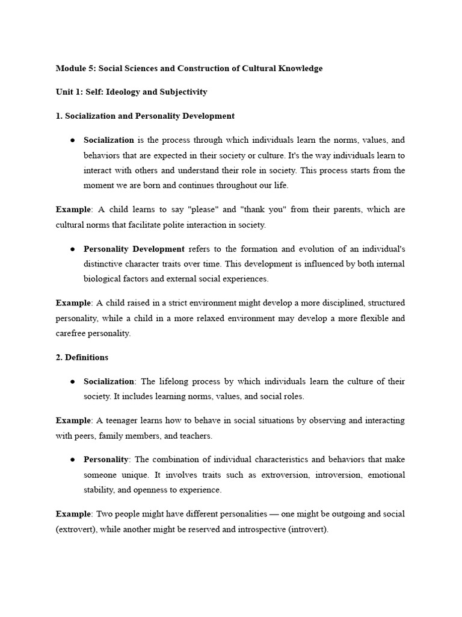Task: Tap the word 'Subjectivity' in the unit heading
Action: click(185, 92)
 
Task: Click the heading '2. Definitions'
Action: click(82, 357)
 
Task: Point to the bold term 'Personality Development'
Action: click(134, 249)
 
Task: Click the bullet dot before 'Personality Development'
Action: click(72, 249)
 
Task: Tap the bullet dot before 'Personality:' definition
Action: click(72, 460)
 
